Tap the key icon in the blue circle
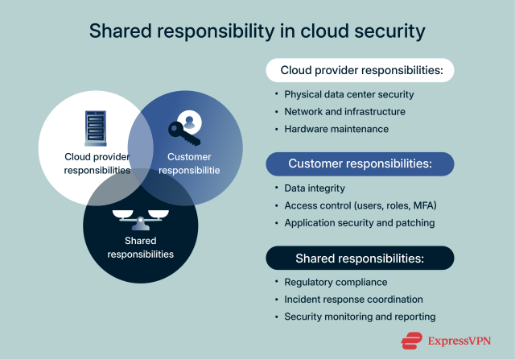[x=183, y=126]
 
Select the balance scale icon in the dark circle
[x=142, y=216]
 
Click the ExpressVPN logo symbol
[x=413, y=339]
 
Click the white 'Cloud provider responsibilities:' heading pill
[x=361, y=71]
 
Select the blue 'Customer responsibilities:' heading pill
[x=360, y=163]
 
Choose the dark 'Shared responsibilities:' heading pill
[x=360, y=258]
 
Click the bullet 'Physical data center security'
[x=348, y=94]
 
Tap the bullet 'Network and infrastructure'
[x=344, y=112]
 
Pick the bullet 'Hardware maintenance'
[x=336, y=129]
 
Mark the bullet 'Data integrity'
[x=315, y=187]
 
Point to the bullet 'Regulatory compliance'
[x=336, y=282]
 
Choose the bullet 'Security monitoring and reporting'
[x=360, y=317]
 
